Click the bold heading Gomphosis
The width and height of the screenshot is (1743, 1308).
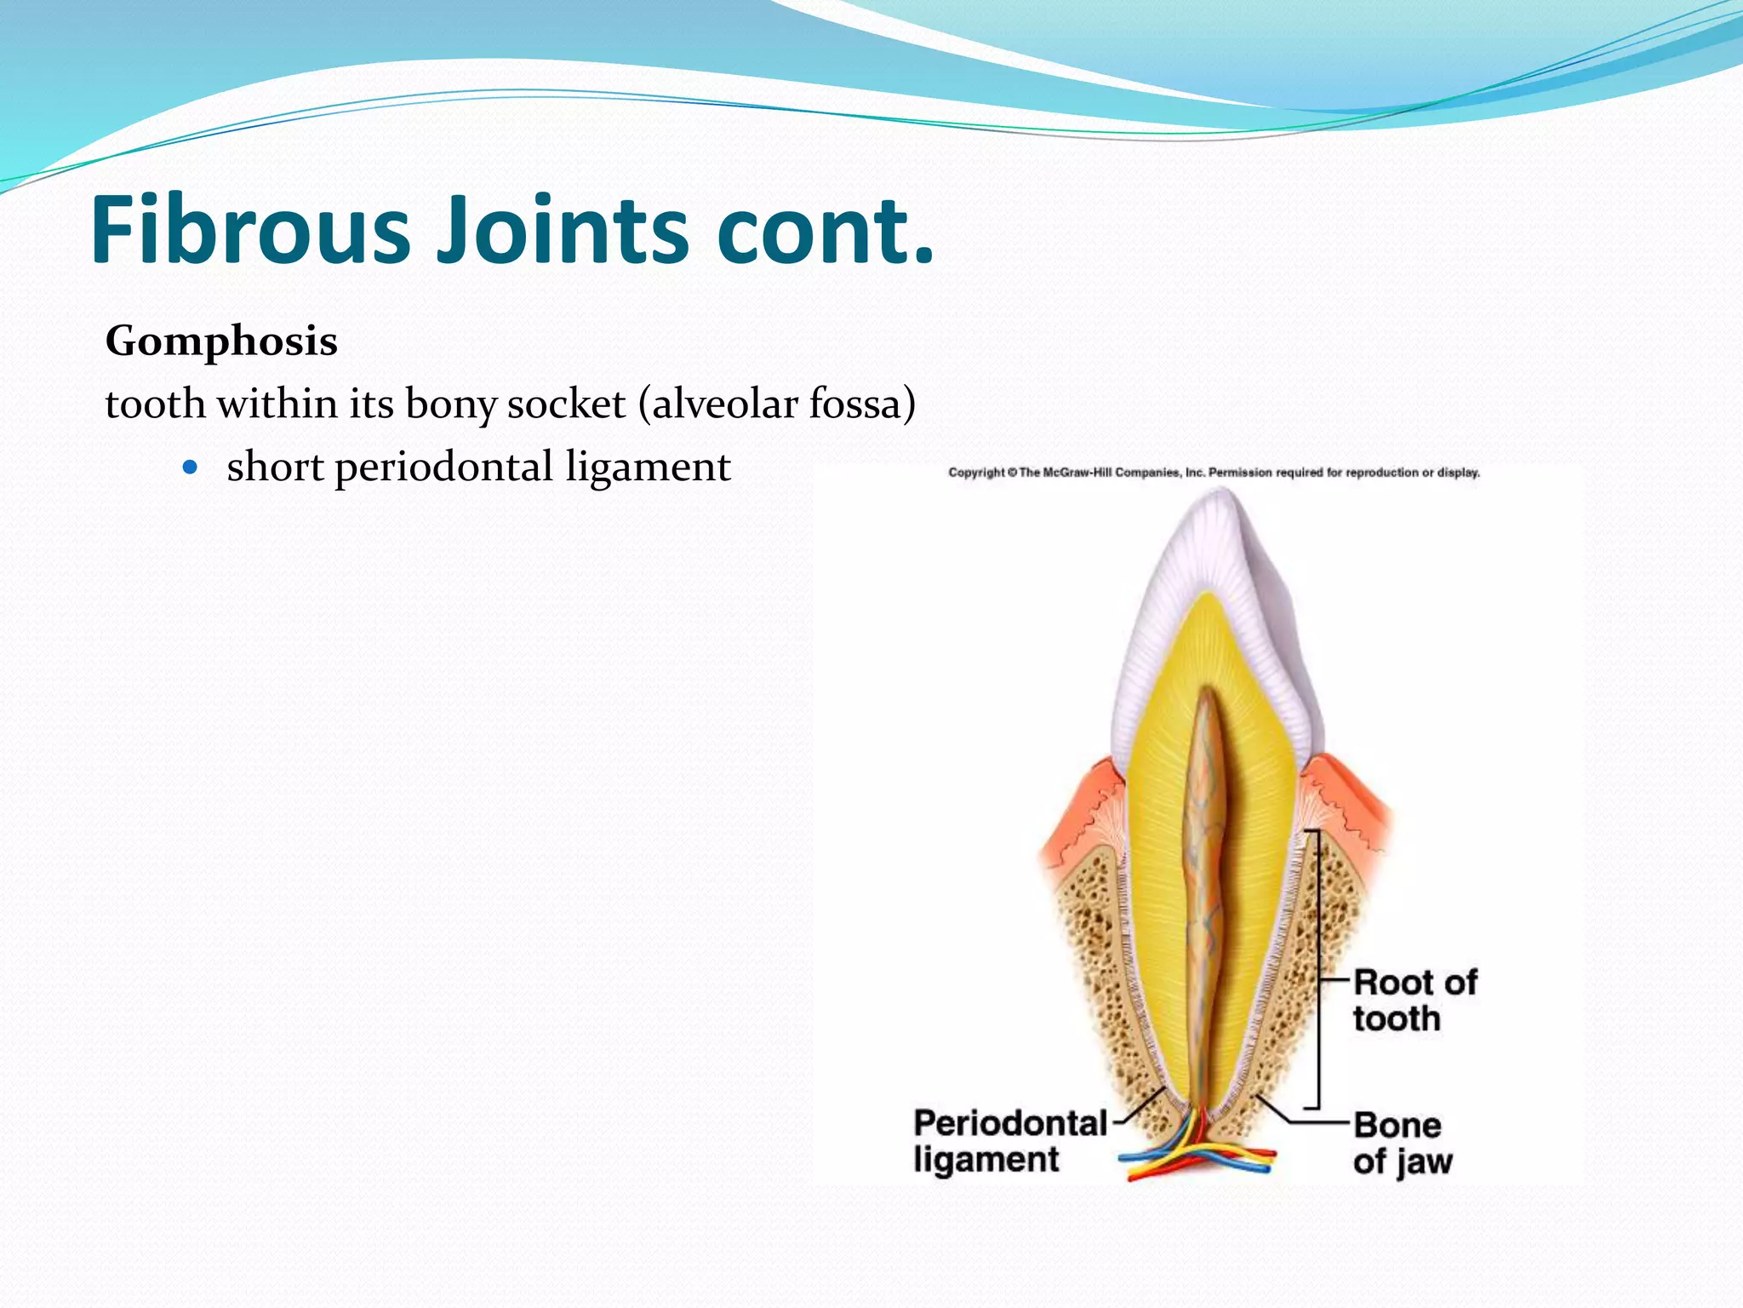(221, 342)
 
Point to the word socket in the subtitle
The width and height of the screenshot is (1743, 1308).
(566, 404)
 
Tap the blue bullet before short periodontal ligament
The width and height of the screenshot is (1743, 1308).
(190, 468)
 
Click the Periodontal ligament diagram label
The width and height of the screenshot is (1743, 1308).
(1009, 1141)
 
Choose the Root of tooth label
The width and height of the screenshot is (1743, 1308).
(1414, 1000)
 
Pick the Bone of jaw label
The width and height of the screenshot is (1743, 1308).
(1401, 1143)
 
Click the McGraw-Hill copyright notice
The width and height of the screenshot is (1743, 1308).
(1214, 473)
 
